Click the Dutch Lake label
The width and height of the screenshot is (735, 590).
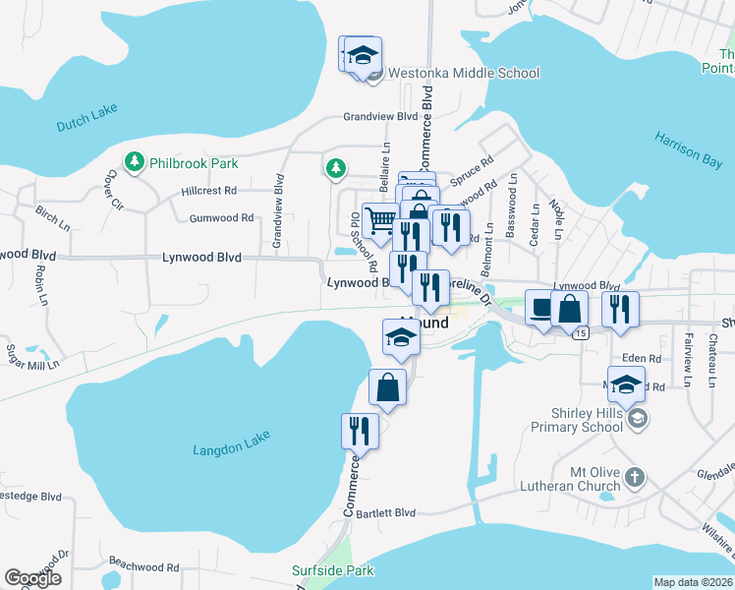(x=86, y=118)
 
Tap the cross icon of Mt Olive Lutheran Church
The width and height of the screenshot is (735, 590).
(x=635, y=478)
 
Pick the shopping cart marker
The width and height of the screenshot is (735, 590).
(x=379, y=219)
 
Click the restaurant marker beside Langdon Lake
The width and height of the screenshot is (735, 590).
(x=359, y=432)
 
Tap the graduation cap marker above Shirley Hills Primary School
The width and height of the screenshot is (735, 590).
(x=625, y=383)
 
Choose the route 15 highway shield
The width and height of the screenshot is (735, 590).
(x=582, y=334)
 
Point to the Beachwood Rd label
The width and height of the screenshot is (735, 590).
(x=143, y=566)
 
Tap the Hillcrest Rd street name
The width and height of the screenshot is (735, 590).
(x=208, y=190)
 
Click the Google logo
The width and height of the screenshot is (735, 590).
(x=32, y=578)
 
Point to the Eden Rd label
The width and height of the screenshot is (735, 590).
(x=640, y=359)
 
